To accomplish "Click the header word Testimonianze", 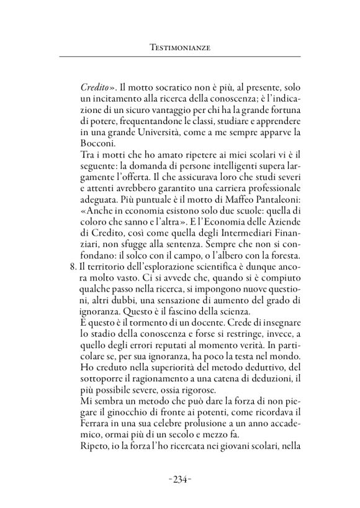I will click(x=179, y=47).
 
